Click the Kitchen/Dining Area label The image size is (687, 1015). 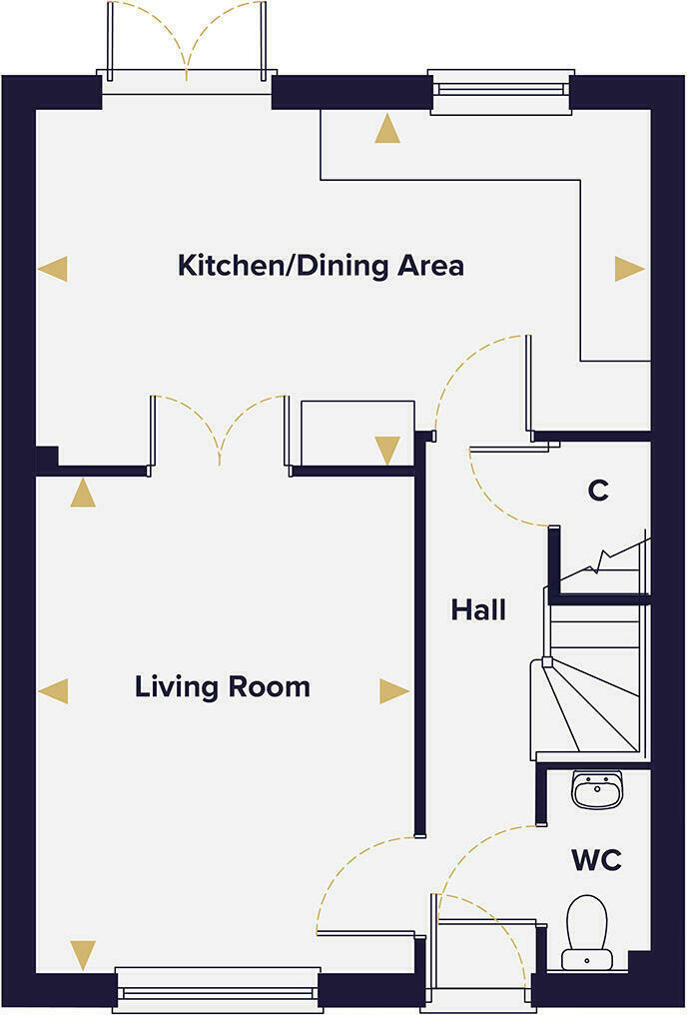click(321, 266)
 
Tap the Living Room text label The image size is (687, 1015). click(223, 687)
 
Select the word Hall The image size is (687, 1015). click(478, 609)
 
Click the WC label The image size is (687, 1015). click(596, 859)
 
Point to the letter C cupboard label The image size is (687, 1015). click(598, 491)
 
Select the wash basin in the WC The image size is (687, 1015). click(597, 789)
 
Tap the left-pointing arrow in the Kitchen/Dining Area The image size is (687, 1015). click(53, 268)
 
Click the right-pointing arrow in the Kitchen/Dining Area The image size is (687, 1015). click(629, 268)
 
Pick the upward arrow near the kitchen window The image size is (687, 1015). click(387, 129)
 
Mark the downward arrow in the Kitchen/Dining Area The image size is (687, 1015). click(387, 451)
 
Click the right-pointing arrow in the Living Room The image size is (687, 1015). click(393, 690)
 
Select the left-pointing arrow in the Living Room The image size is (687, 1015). click(53, 690)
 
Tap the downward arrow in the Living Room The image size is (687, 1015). click(83, 954)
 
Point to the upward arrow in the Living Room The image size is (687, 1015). click(83, 493)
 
